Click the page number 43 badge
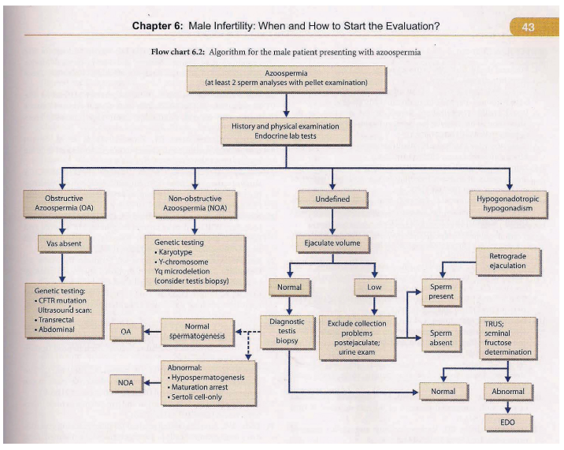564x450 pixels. (x=534, y=27)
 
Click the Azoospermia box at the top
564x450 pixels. (x=286, y=79)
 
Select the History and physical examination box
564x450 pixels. (x=285, y=131)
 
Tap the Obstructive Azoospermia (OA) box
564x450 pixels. (x=64, y=203)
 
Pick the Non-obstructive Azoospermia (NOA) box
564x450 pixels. (x=195, y=204)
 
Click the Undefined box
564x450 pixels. (x=332, y=199)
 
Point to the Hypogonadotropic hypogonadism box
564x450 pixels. (x=507, y=204)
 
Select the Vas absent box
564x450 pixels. (x=64, y=244)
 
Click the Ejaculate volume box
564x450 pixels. (x=332, y=244)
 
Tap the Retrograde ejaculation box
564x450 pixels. (x=507, y=261)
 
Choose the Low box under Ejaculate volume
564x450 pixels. (x=374, y=288)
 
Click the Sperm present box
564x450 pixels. (x=441, y=292)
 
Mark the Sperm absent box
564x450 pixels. (x=440, y=337)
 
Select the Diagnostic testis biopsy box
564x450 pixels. (x=287, y=332)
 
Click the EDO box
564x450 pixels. (x=507, y=422)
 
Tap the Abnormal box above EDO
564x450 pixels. (x=507, y=392)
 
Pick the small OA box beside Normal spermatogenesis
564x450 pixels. (x=126, y=332)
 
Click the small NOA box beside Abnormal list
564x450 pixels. (x=125, y=383)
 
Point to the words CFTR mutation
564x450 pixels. (x=62, y=300)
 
